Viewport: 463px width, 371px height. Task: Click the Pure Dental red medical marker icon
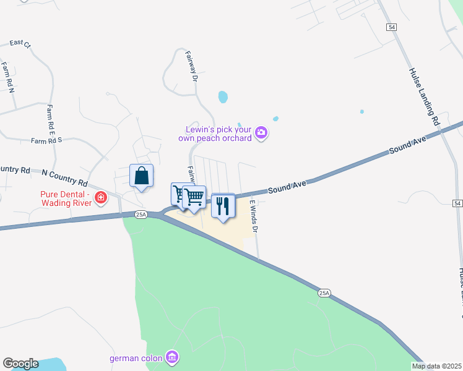pos(100,198)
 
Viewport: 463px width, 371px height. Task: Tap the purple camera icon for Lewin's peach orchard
pos(261,133)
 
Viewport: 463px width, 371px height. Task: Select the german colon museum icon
pos(172,357)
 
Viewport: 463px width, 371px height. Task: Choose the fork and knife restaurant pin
pos(223,206)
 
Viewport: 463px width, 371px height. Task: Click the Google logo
pos(20,364)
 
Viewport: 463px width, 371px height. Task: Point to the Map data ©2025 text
pos(436,366)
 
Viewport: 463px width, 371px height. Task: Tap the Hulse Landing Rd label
pos(423,96)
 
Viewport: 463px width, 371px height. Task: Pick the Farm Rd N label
pos(7,77)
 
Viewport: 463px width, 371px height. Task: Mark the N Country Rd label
pos(65,177)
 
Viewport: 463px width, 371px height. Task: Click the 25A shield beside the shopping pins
pos(141,215)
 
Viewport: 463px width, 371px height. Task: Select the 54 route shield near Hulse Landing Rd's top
pos(391,27)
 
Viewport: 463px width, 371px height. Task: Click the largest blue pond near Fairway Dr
pos(222,97)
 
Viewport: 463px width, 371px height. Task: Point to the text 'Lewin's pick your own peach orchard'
pos(219,134)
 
